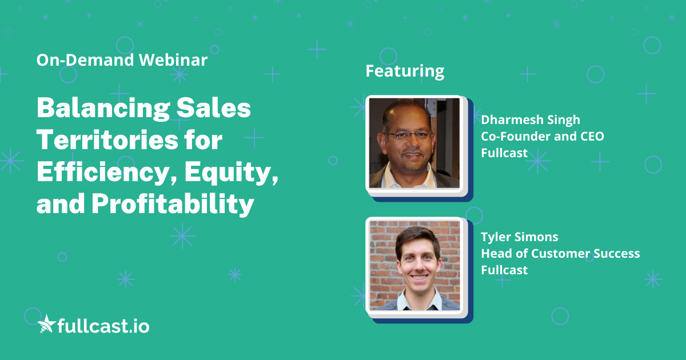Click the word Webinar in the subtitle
(173, 59)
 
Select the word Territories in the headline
(107, 139)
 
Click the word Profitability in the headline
(173, 204)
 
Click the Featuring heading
(405, 71)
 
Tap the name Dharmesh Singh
(531, 120)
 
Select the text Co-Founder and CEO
(543, 136)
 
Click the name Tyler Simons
(520, 237)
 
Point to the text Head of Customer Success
(560, 254)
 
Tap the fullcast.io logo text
(103, 326)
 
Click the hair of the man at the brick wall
(417, 239)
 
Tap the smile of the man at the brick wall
(419, 278)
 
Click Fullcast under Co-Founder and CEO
(504, 153)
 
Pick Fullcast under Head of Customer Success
(504, 270)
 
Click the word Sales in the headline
(213, 109)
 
